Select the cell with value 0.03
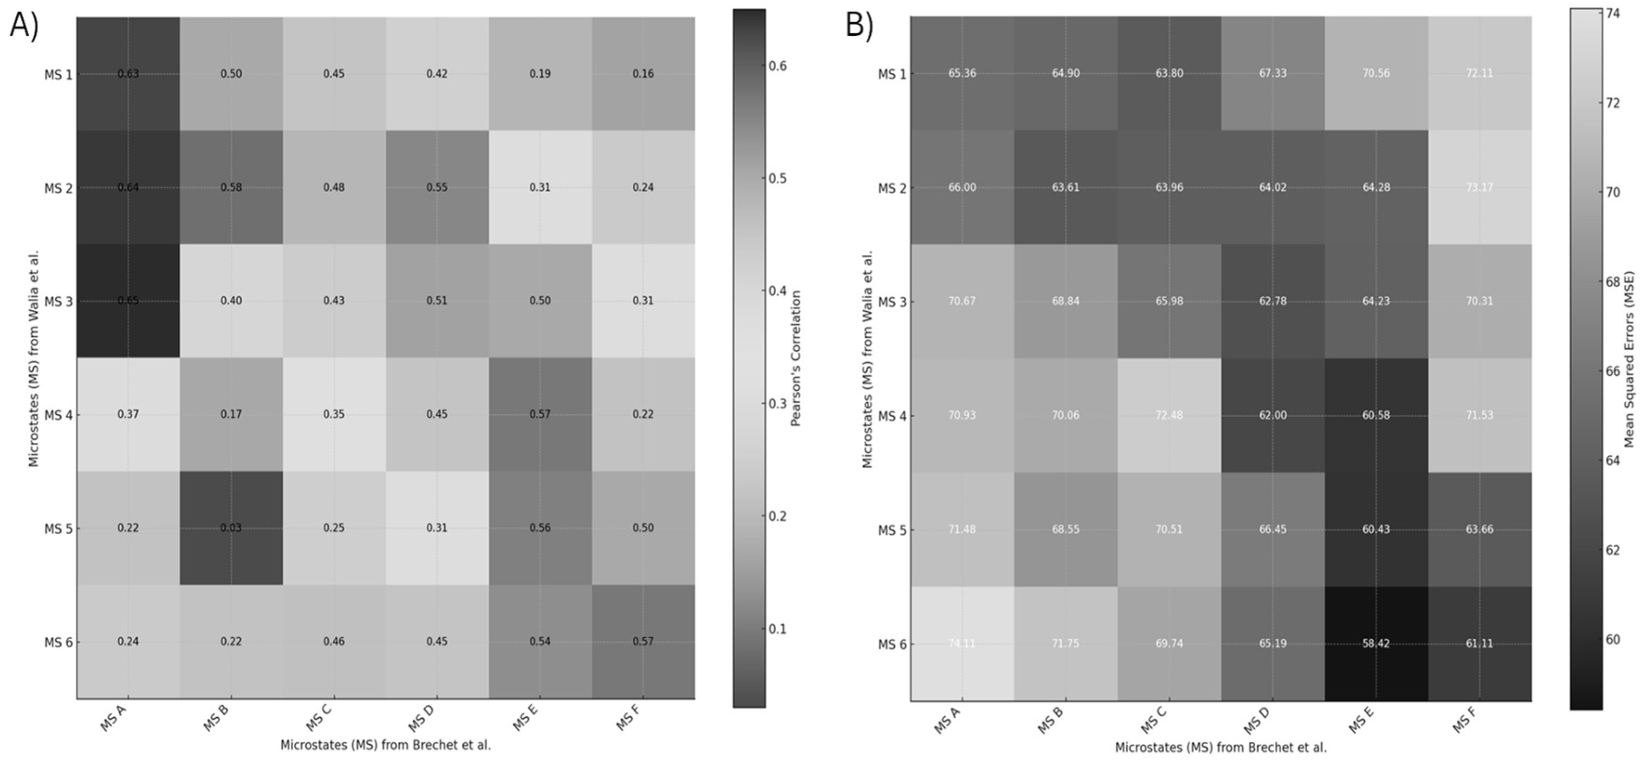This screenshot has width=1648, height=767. point(231,528)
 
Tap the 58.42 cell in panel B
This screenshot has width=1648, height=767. point(1375,643)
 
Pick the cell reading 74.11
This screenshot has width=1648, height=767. point(961,643)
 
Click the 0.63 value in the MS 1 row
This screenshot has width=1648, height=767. point(128,73)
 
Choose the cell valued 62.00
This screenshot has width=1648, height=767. point(1272,415)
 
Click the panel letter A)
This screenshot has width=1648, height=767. point(24,27)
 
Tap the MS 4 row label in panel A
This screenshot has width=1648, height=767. point(58,415)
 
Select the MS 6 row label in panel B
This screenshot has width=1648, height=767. point(892,644)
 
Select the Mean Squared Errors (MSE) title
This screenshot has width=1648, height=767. point(1629,359)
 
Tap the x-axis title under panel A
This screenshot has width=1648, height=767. point(385,745)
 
